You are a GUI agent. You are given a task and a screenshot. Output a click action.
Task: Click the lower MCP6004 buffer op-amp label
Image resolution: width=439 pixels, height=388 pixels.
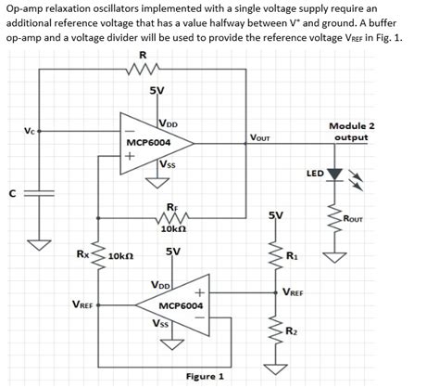coord(182,304)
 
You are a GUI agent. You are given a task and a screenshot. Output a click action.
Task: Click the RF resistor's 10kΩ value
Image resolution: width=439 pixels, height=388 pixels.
coord(175,228)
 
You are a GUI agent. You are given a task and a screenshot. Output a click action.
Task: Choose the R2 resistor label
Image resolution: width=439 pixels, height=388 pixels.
coord(292,331)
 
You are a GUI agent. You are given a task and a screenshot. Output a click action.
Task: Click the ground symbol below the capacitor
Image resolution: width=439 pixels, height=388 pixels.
coord(40,245)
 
